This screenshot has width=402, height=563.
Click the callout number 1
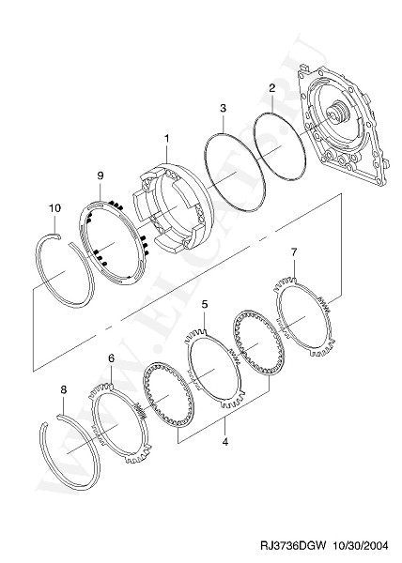click(166, 138)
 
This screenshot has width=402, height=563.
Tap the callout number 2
click(272, 87)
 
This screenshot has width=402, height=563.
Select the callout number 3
click(224, 108)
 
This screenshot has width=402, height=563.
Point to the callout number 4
click(225, 442)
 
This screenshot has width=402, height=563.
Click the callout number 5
click(205, 304)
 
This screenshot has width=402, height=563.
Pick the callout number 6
click(111, 358)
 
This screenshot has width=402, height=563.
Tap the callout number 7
click(294, 252)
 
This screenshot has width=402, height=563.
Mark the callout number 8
click(64, 389)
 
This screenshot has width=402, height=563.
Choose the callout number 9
click(100, 175)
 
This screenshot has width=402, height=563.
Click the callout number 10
click(55, 208)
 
